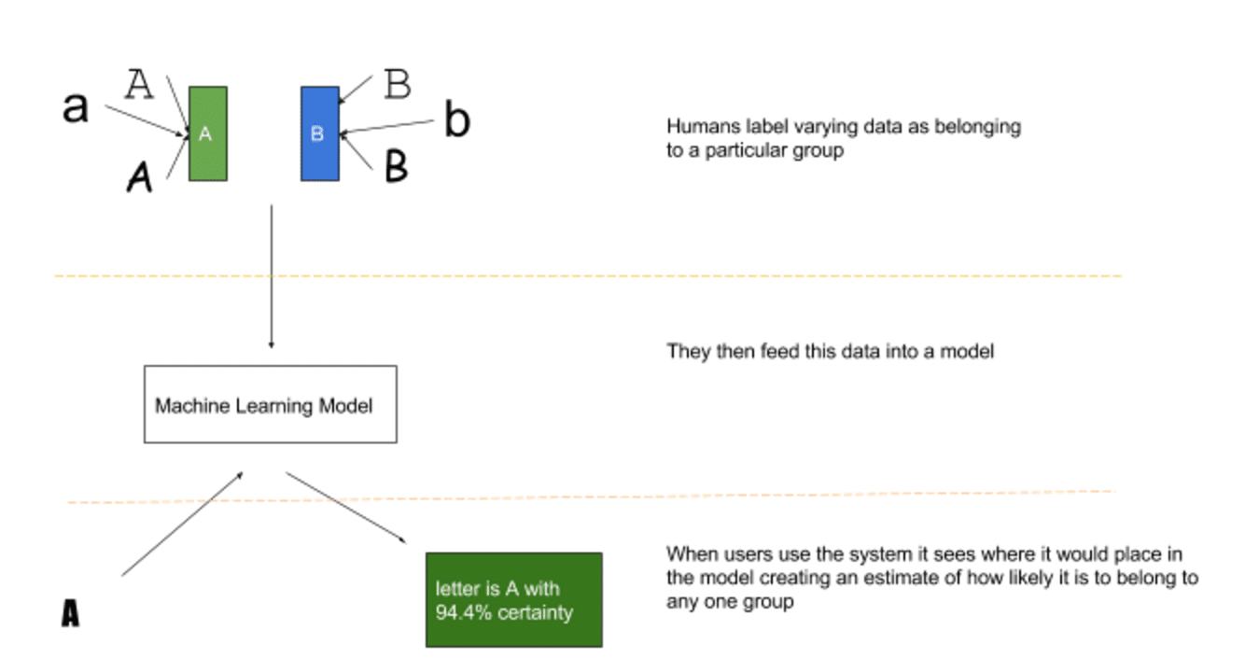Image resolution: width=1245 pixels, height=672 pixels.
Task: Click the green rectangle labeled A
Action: click(207, 133)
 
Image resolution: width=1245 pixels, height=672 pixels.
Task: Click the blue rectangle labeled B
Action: click(319, 133)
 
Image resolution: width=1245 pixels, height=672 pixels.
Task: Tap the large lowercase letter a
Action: click(75, 107)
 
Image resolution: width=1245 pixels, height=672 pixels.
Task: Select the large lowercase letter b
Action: click(456, 121)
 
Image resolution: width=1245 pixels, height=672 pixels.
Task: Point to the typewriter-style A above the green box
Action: click(139, 85)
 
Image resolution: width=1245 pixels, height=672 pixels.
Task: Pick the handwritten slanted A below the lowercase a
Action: click(139, 175)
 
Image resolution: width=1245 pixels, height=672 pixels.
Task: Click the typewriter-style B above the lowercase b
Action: click(398, 85)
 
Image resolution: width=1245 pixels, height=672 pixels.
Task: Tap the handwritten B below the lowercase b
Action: click(396, 167)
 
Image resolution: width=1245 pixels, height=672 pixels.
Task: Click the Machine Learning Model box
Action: click(270, 404)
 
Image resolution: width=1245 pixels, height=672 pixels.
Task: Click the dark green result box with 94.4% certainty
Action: click(513, 599)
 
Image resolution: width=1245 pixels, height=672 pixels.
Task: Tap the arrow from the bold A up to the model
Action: click(183, 523)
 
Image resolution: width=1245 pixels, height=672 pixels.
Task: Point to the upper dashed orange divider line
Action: click(588, 276)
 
